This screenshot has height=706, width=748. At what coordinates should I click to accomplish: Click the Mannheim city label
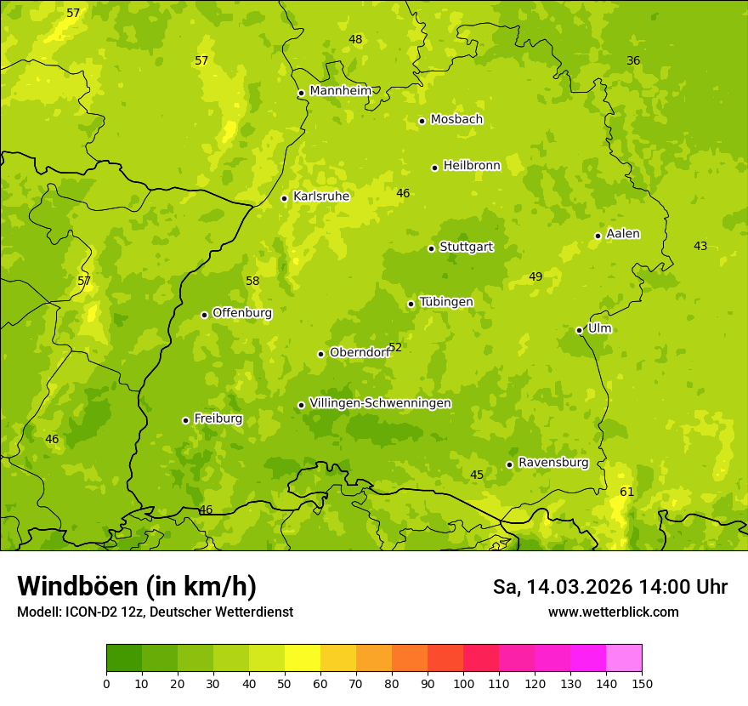click(x=340, y=91)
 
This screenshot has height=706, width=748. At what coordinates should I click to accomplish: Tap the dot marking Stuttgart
click(x=431, y=248)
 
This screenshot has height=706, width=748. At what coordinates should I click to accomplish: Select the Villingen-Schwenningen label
click(x=380, y=403)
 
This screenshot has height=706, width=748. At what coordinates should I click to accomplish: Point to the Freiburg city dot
click(x=185, y=420)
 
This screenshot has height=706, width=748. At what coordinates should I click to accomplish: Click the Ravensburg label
click(x=553, y=463)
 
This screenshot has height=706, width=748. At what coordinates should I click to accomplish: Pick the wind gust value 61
click(x=626, y=492)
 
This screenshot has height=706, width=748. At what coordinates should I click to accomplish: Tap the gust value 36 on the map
click(x=633, y=60)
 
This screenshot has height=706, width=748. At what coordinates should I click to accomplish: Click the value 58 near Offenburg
click(x=252, y=281)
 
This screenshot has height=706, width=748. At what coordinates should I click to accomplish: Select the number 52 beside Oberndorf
click(x=395, y=347)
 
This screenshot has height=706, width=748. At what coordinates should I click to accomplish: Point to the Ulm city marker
click(x=579, y=330)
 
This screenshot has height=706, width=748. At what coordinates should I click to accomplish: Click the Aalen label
click(x=623, y=234)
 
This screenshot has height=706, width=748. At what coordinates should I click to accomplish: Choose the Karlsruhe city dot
click(x=284, y=198)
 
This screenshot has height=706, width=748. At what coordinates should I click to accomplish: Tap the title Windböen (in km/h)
click(x=137, y=586)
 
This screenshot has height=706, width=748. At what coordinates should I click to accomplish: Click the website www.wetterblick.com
click(x=613, y=612)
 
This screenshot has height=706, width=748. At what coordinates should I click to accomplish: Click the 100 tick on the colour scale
click(x=463, y=682)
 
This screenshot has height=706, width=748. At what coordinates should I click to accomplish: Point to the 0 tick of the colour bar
click(x=106, y=682)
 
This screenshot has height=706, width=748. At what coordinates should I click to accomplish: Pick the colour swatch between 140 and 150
click(x=624, y=658)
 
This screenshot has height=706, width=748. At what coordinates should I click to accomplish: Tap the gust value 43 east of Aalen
click(x=700, y=246)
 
